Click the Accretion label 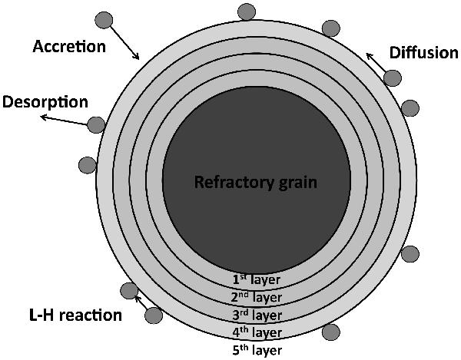[x=68, y=47]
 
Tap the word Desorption [x=45, y=102]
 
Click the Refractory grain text [x=245, y=183]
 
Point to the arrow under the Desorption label [x=65, y=117]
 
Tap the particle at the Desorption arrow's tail [x=97, y=124]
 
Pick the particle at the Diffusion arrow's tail [x=393, y=78]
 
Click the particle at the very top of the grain [x=247, y=12]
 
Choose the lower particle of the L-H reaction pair [x=153, y=314]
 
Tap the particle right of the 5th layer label [x=331, y=332]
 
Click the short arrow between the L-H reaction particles [x=141, y=302]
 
